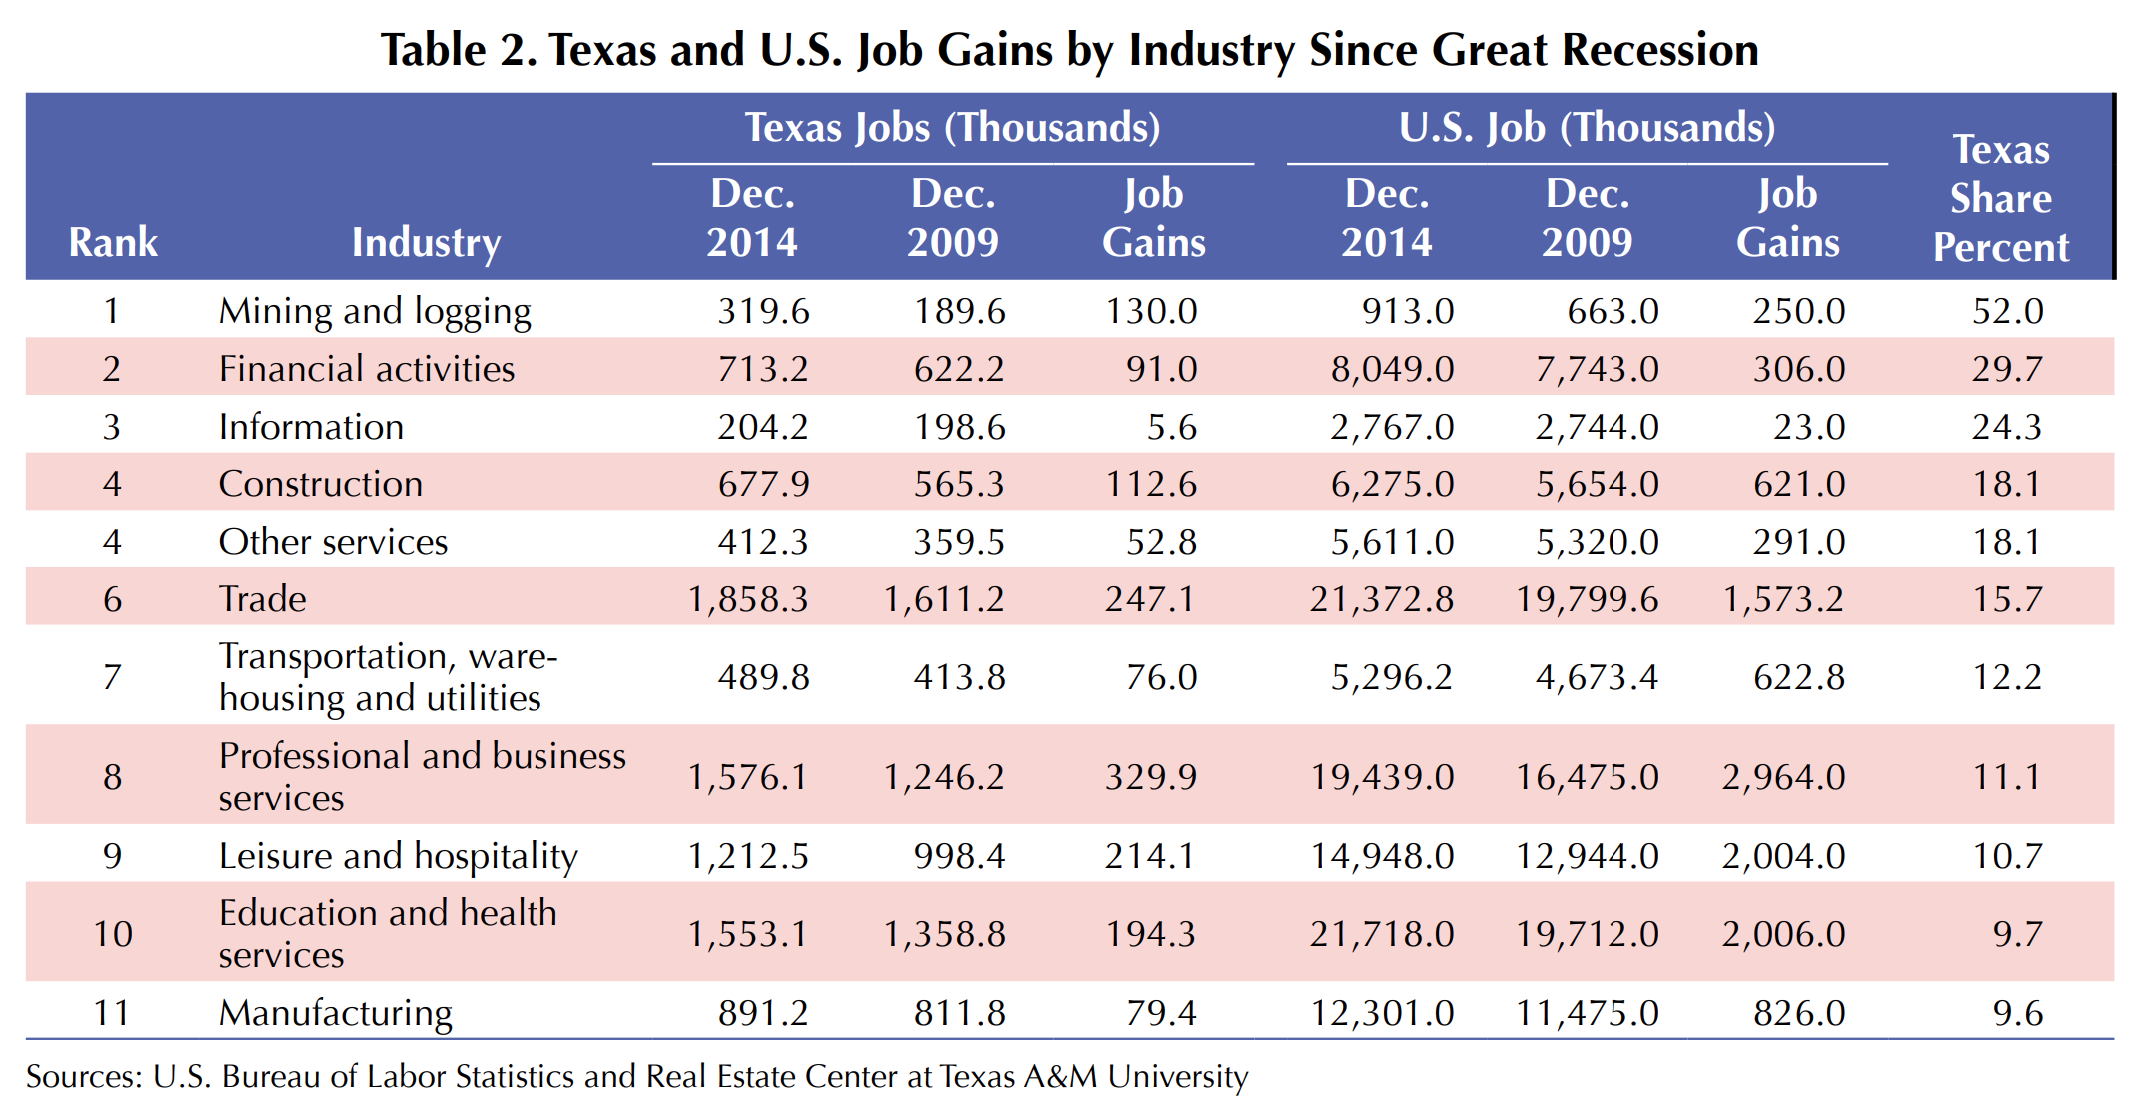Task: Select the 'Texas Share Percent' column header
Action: pos(2000,198)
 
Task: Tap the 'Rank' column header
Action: pos(113,242)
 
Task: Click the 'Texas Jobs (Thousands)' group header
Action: pos(952,128)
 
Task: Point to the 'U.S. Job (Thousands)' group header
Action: pos(1587,128)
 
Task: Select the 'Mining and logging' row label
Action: pos(375,311)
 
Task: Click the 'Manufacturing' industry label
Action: pos(336,1013)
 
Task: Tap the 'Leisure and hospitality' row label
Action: pos(398,856)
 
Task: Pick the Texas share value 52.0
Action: pos(2007,311)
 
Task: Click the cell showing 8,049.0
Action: pos(1392,369)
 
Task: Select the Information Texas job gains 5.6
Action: pos(1171,427)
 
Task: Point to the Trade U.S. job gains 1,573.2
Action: pos(1783,599)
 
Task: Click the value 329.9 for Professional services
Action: pos(1150,777)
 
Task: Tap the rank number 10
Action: pos(113,934)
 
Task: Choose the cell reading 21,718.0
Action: pos(1382,934)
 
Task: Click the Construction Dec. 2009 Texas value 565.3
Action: pos(959,484)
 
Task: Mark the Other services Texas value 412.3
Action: pos(763,542)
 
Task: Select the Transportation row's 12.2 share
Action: pos(2007,677)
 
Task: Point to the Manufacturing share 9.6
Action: pos(2017,1013)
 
